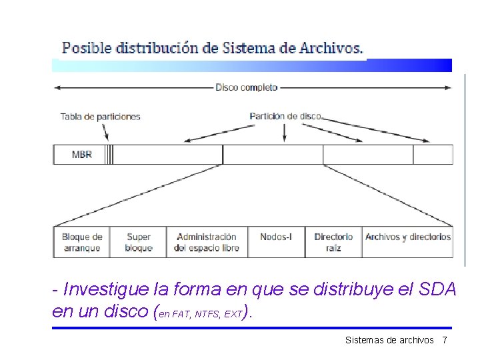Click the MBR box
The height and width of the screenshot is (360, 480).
pyautogui.click(x=81, y=155)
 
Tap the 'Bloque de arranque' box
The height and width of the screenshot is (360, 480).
pyautogui.click(x=81, y=242)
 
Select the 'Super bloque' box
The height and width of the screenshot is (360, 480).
pyautogui.click(x=139, y=242)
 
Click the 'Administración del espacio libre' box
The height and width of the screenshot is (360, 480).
pyautogui.click(x=207, y=242)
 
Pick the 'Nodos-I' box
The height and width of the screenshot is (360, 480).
pyautogui.click(x=276, y=237)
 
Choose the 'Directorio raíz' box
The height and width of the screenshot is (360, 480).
pyautogui.click(x=333, y=242)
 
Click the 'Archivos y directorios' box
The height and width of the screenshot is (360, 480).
pyautogui.click(x=408, y=237)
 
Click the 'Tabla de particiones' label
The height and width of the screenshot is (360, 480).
pyautogui.click(x=101, y=117)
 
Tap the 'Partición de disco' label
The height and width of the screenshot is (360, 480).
pyautogui.click(x=285, y=116)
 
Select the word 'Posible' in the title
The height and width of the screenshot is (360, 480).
pyautogui.click(x=87, y=48)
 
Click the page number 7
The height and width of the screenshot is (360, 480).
pyautogui.click(x=444, y=340)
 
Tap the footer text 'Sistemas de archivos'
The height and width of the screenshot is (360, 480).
pyautogui.click(x=389, y=340)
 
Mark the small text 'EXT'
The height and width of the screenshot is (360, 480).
pyautogui.click(x=233, y=313)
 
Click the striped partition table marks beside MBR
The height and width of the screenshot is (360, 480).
pyautogui.click(x=109, y=155)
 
